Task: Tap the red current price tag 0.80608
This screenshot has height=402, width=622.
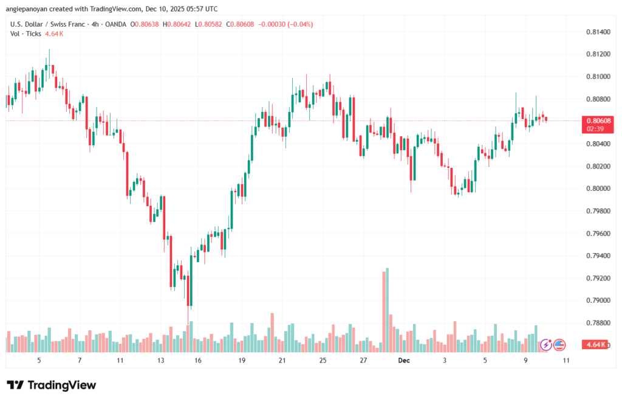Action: pyautogui.click(x=599, y=120)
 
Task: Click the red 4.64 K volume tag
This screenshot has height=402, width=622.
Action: pyautogui.click(x=597, y=345)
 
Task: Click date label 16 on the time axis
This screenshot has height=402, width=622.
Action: pyautogui.click(x=198, y=361)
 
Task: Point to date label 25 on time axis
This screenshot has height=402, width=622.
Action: pyautogui.click(x=323, y=361)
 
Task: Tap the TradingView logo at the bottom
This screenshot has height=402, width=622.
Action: pyautogui.click(x=52, y=385)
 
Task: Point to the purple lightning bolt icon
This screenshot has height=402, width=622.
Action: pyautogui.click(x=545, y=345)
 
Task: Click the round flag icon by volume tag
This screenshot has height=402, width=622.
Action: pyautogui.click(x=559, y=345)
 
